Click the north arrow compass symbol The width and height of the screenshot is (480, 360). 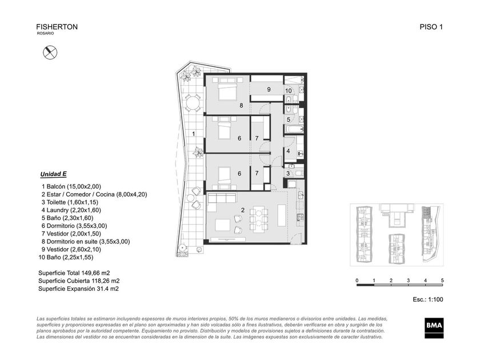pyautogui.click(x=50, y=53)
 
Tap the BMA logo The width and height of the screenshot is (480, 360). pyautogui.click(x=434, y=328)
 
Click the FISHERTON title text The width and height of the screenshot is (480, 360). pyautogui.click(x=57, y=27)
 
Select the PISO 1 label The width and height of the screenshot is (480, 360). pyautogui.click(x=431, y=27)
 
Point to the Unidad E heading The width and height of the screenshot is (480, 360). pyautogui.click(x=53, y=174)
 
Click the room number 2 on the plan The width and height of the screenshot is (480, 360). pyautogui.click(x=243, y=210)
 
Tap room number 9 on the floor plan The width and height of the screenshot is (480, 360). pyautogui.click(x=269, y=89)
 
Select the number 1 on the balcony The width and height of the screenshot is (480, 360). pyautogui.click(x=194, y=134)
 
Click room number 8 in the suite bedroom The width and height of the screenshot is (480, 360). pyautogui.click(x=241, y=105)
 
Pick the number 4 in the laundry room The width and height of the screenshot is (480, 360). pyautogui.click(x=288, y=151)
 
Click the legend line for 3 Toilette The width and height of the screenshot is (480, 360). pyautogui.click(x=70, y=202)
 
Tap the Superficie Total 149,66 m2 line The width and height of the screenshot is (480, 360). pyautogui.click(x=74, y=273)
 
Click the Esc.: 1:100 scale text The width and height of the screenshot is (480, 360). pyautogui.click(x=427, y=299)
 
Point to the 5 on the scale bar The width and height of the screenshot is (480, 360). pyautogui.click(x=442, y=281)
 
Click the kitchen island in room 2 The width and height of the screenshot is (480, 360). pyautogui.click(x=282, y=215)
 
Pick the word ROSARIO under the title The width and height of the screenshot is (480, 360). pyautogui.click(x=45, y=33)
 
